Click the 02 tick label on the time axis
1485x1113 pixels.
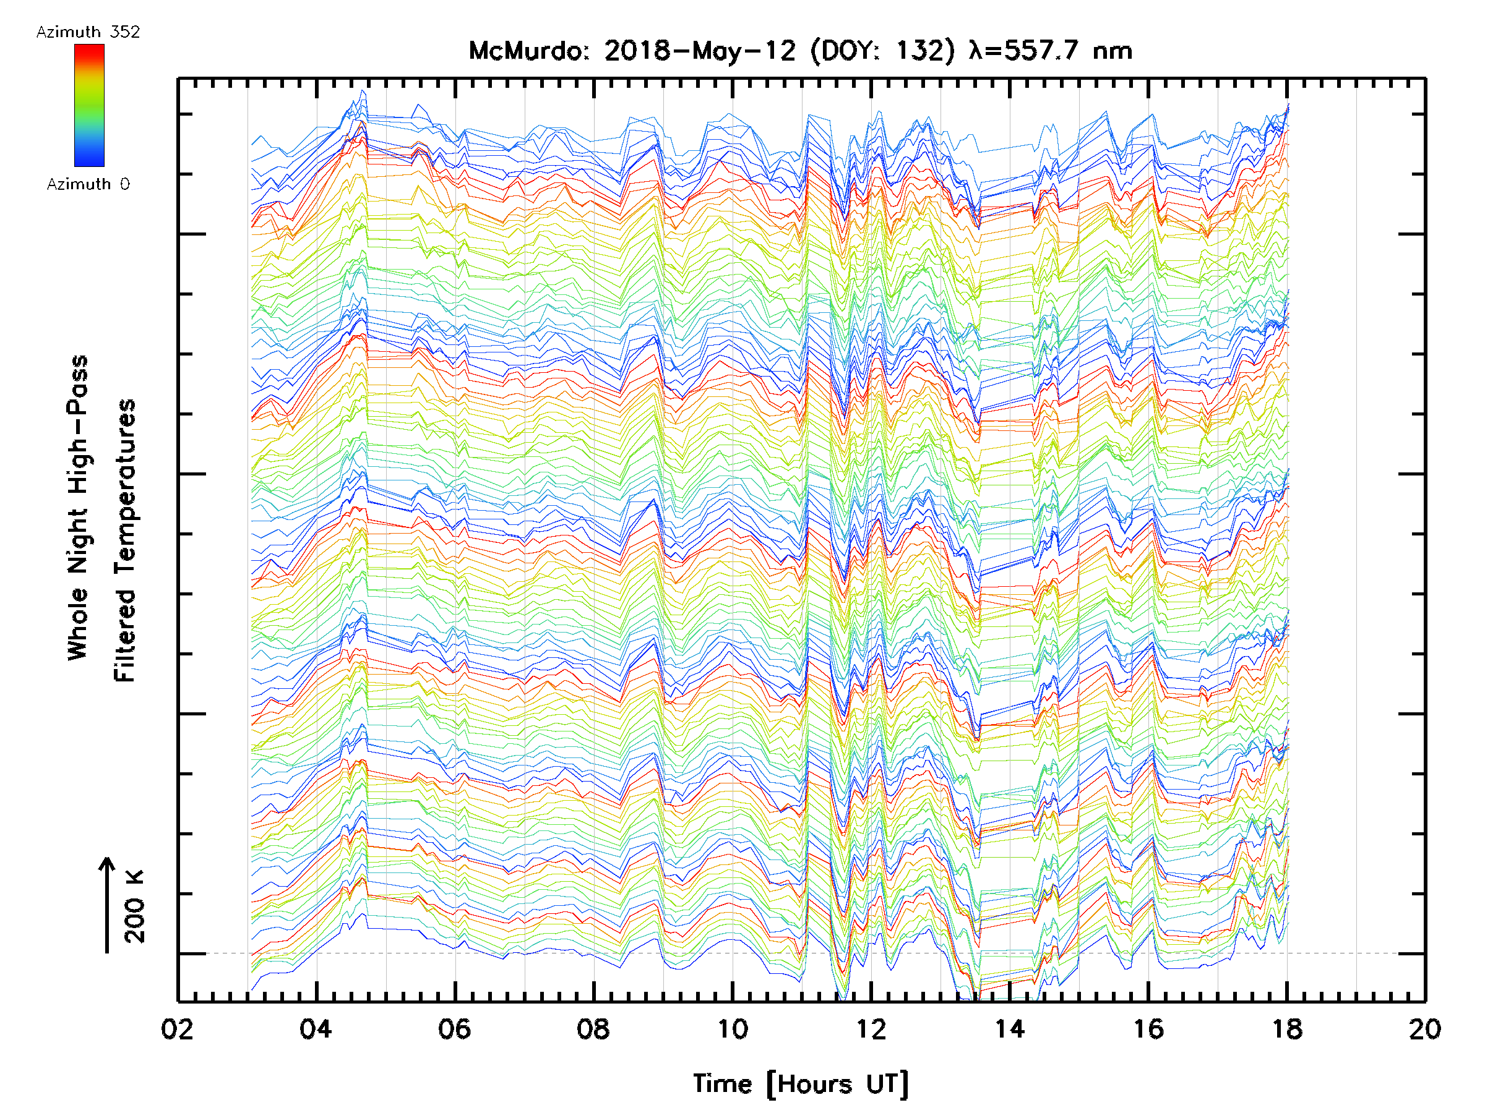point(177,1029)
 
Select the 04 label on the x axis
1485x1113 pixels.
point(316,1029)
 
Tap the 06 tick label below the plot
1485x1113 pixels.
point(455,1029)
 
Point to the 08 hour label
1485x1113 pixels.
point(593,1029)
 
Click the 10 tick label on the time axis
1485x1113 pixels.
point(733,1029)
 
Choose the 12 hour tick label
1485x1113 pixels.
point(871,1029)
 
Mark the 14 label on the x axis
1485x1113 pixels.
point(1010,1029)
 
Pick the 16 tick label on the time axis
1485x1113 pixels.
point(1148,1029)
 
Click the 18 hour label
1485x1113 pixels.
point(1287,1029)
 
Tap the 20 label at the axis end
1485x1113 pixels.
point(1425,1029)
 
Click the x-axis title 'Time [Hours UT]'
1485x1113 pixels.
point(800,1084)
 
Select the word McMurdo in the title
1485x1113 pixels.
point(527,51)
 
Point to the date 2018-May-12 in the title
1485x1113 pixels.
point(700,51)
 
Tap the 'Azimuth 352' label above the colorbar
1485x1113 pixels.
point(88,32)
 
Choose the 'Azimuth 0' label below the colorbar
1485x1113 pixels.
point(88,184)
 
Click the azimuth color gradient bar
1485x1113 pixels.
point(89,105)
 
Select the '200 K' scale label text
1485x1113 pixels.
point(135,906)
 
